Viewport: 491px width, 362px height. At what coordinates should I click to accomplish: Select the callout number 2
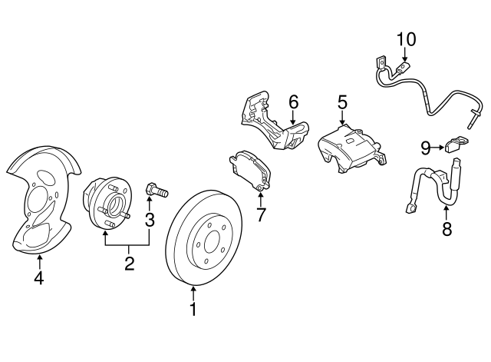point(129,264)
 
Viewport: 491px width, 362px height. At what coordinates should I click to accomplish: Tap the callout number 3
point(150,221)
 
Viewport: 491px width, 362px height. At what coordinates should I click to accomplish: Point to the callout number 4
point(38,278)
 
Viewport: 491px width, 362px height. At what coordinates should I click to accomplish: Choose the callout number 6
point(292,101)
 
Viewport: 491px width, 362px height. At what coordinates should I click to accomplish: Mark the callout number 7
point(261,214)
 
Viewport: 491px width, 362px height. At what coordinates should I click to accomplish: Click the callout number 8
point(447,227)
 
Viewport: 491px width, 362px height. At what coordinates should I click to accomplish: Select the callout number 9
point(425,146)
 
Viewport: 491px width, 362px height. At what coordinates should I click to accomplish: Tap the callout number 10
point(406,38)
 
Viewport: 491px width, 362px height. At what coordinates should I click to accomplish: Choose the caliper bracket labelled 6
point(269,123)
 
